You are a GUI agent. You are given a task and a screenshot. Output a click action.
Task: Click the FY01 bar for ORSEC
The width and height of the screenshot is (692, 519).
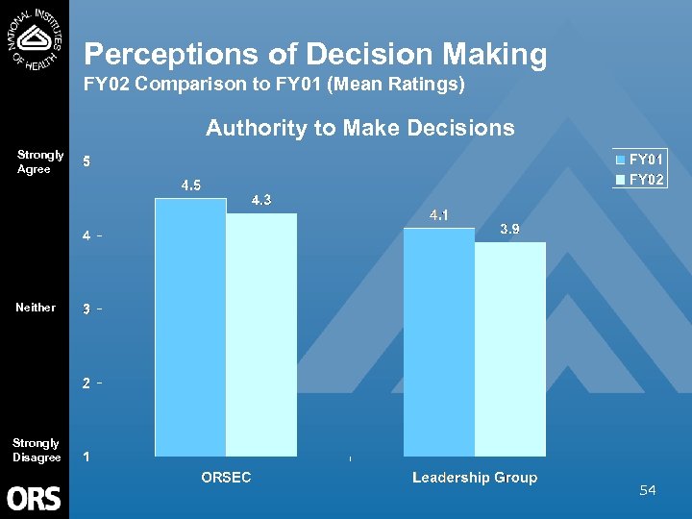(190, 327)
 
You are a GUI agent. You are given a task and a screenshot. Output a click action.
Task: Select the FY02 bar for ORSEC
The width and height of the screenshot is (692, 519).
(261, 334)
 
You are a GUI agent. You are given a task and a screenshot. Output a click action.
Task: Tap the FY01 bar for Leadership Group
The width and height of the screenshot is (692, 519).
(439, 342)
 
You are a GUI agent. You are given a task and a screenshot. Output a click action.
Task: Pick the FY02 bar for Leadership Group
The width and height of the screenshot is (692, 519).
(510, 349)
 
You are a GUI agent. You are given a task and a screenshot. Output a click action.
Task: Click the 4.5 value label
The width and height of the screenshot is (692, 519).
(191, 185)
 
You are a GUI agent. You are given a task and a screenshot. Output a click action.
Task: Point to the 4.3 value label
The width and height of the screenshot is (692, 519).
(260, 200)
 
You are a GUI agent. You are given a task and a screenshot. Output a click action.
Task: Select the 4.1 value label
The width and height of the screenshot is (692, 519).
(439, 215)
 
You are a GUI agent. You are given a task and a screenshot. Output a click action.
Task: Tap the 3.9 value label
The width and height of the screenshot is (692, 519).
(510, 229)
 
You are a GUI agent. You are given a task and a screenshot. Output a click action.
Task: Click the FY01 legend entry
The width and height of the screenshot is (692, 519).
(639, 160)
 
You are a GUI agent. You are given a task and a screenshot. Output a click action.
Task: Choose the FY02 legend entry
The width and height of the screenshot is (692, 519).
(639, 179)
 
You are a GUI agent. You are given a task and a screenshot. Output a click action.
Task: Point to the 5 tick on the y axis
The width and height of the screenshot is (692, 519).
(87, 161)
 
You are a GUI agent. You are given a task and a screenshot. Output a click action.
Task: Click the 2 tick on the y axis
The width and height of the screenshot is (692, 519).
(87, 383)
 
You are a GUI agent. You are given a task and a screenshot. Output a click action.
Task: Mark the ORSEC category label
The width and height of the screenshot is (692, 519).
(226, 478)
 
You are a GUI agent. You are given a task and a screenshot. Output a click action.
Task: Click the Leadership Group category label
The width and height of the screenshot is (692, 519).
(475, 478)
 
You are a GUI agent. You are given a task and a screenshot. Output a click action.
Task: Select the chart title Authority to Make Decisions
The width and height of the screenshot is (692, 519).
(360, 128)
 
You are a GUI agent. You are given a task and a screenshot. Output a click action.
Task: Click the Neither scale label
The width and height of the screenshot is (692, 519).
(36, 308)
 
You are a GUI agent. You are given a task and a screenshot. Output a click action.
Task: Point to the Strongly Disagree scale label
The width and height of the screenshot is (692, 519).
(37, 450)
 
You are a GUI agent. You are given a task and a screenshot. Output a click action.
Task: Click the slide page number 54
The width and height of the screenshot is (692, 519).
(648, 491)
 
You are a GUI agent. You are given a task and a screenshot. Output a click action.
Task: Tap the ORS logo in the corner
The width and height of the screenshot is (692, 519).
(35, 498)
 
